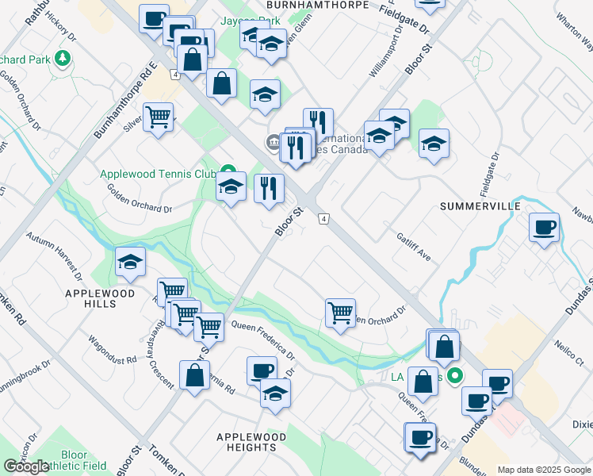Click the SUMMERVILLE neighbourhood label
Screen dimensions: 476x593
pos(480,206)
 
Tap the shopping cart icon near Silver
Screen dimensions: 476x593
pos(159,117)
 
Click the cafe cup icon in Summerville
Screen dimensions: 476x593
pos(544,228)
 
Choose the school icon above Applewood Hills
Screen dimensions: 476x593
pos(130,263)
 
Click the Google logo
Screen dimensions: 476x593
pos(25,466)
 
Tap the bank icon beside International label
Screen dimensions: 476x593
pos(272,143)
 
